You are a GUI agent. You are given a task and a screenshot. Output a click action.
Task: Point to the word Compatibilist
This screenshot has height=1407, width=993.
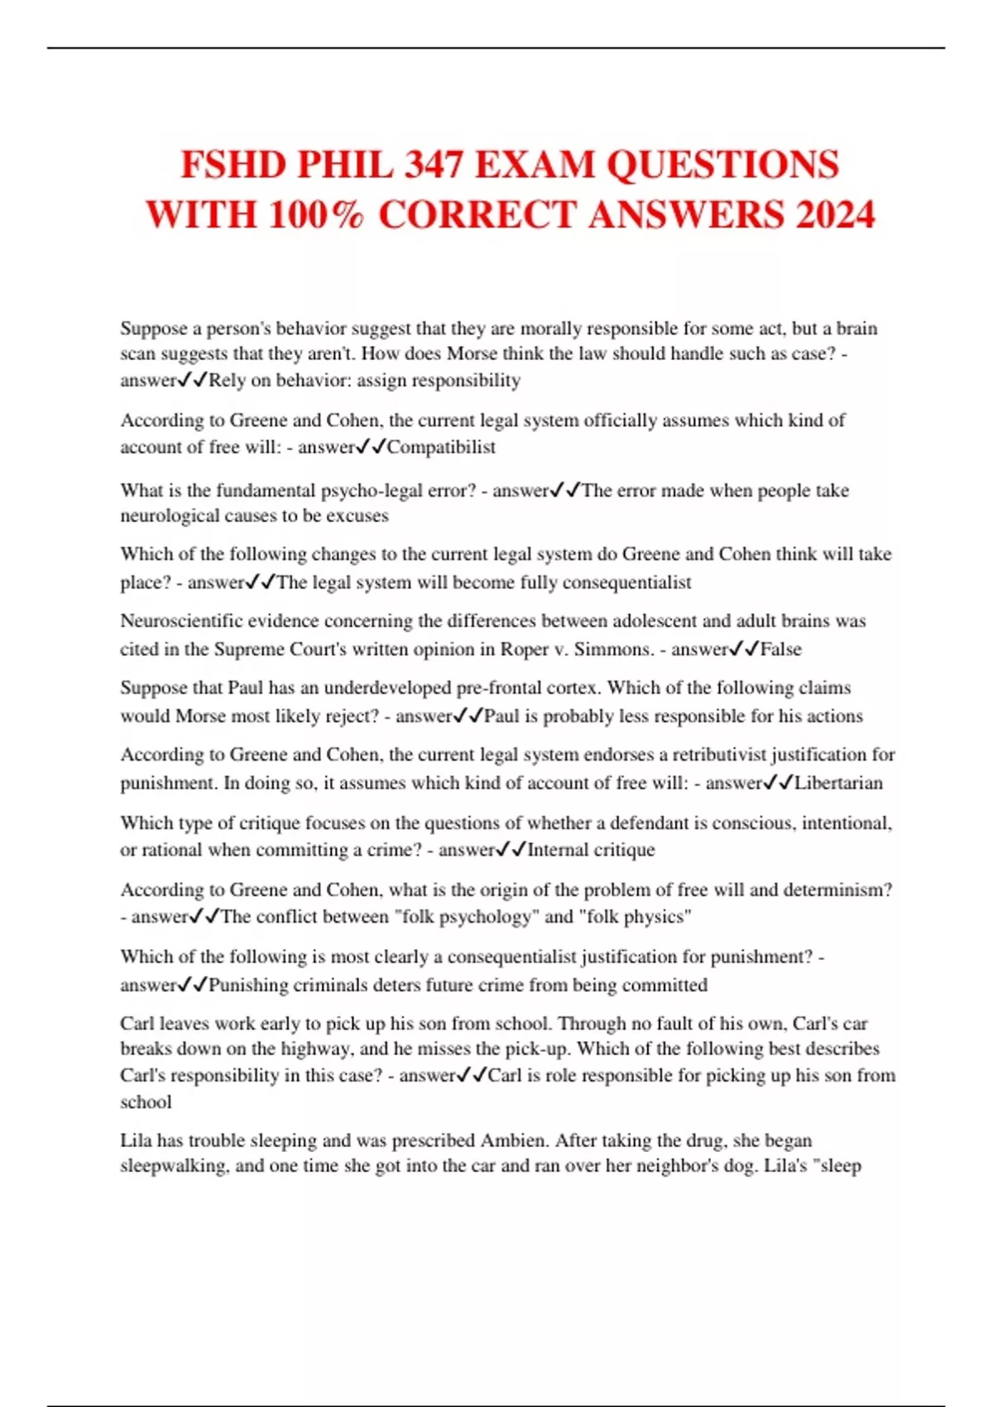441,447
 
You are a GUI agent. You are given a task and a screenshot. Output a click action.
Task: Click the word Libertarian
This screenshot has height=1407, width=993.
838,783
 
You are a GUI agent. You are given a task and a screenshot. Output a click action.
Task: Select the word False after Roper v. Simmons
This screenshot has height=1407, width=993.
780,649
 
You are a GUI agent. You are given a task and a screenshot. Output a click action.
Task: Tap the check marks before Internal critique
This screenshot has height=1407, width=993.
511,850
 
